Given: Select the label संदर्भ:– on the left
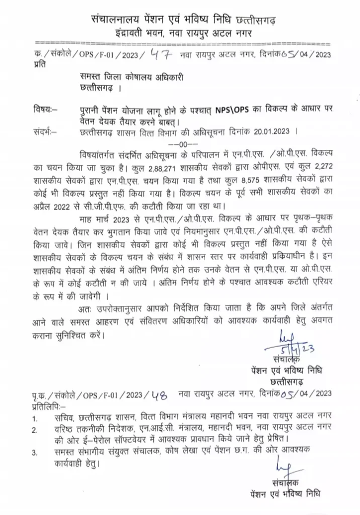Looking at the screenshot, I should tap(45, 133).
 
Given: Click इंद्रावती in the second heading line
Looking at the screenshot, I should tap(135, 33).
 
